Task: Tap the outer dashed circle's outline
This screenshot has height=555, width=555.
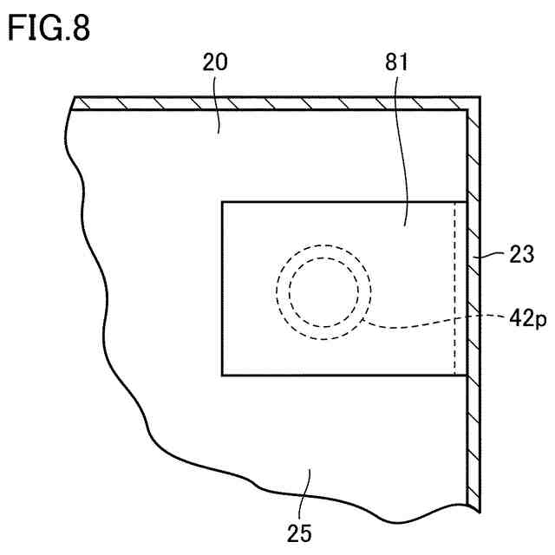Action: point(277,291)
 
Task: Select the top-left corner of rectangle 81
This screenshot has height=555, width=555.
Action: point(223,203)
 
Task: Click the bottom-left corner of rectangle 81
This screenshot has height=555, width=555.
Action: point(223,375)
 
